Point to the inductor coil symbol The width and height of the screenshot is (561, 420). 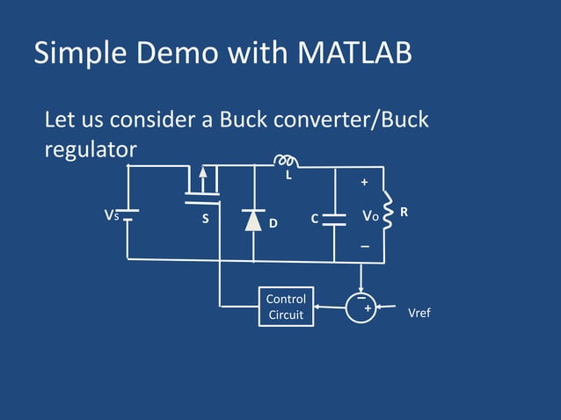pyautogui.click(x=285, y=161)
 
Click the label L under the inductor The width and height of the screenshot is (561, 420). pyautogui.click(x=287, y=176)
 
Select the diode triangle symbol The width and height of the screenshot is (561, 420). pyautogui.click(x=253, y=220)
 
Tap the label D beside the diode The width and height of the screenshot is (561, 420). pyautogui.click(x=273, y=223)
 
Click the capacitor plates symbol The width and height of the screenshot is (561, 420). pyautogui.click(x=334, y=219)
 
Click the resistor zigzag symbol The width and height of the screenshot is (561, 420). pyautogui.click(x=383, y=214)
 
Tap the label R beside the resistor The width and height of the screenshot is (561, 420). pyautogui.click(x=404, y=213)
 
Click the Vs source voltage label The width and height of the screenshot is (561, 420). pyautogui.click(x=111, y=215)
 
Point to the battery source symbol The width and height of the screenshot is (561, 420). pyautogui.click(x=127, y=215)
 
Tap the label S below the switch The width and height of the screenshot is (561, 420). pyautogui.click(x=205, y=219)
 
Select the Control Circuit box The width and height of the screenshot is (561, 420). pyautogui.click(x=286, y=307)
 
